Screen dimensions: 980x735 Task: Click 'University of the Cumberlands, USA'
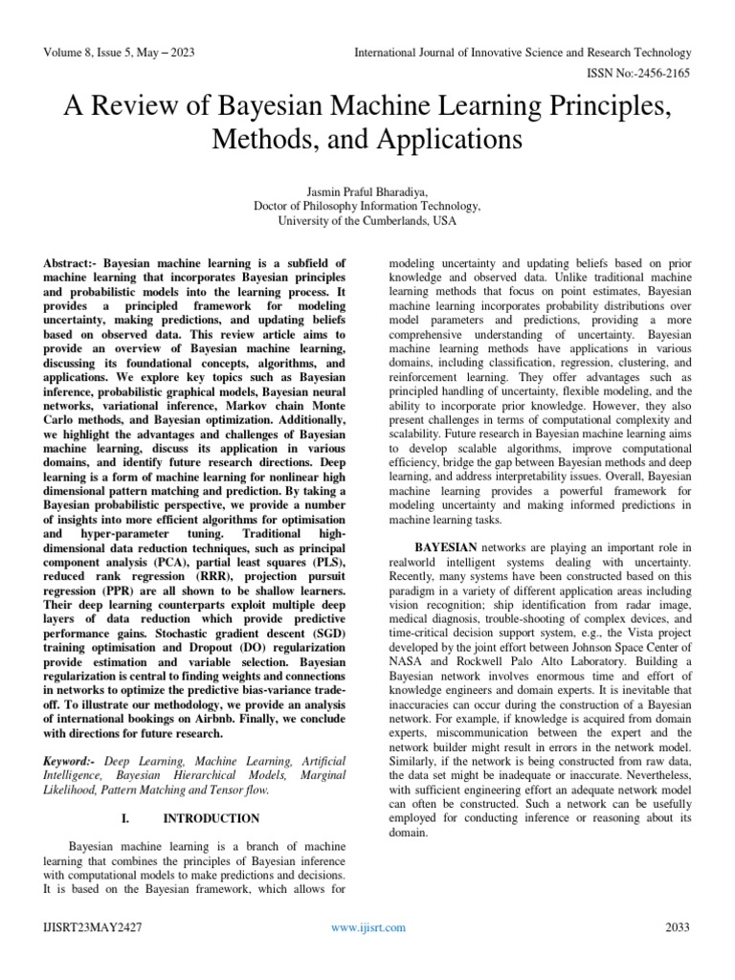point(367,219)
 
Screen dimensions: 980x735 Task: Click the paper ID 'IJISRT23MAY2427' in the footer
point(92,926)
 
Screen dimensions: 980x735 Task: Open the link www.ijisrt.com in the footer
point(367,926)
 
